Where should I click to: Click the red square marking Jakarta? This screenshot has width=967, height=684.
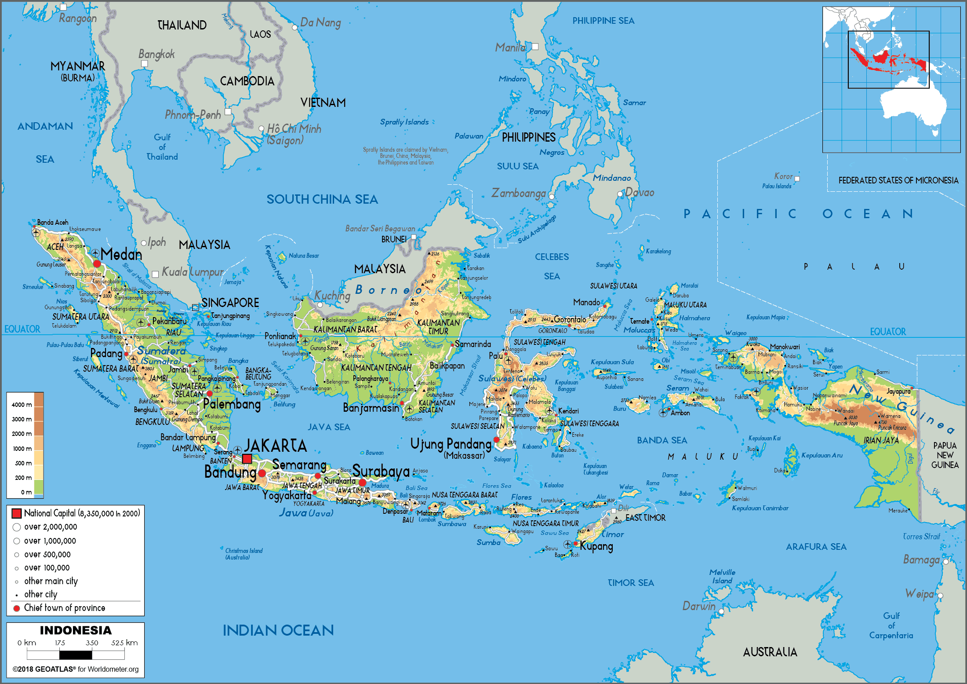tap(247, 459)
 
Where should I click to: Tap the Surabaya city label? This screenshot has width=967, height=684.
tap(381, 471)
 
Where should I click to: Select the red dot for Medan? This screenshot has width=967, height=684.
tap(97, 264)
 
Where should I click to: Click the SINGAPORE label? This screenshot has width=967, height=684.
tap(230, 303)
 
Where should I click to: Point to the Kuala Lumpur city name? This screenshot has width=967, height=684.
tap(193, 272)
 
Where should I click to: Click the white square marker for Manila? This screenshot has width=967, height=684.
tap(535, 47)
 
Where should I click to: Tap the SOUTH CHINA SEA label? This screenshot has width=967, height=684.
tap(322, 200)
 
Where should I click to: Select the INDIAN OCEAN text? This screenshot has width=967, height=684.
tap(278, 630)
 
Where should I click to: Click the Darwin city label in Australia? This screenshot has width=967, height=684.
tap(698, 606)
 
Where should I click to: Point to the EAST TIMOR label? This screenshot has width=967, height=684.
tap(645, 518)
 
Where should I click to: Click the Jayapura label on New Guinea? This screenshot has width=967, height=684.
tap(898, 391)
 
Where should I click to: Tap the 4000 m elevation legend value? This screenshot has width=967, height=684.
tap(22, 405)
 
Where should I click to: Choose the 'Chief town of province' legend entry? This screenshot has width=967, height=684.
tap(64, 608)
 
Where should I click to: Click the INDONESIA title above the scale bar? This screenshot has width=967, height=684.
tap(76, 630)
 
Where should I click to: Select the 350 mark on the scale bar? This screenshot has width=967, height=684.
tap(92, 643)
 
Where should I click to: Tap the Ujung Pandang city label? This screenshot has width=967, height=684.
tap(451, 444)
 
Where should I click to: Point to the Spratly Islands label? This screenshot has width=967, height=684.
tap(404, 122)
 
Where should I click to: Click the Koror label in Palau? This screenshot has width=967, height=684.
tap(783, 176)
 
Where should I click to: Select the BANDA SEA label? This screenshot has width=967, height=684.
tap(662, 440)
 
